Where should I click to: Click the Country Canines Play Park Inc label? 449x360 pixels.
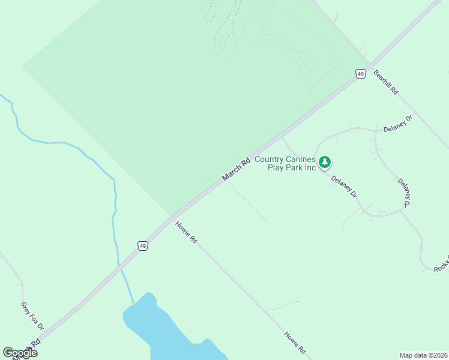pos(285,163)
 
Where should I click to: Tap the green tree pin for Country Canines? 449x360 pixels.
pos(325,162)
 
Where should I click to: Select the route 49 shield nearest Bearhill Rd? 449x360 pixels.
pos(360,73)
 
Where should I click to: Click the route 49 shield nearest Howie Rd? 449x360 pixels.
pos(142,246)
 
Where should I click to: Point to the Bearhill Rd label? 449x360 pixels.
pos(386,82)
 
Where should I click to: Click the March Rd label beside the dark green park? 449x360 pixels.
pos(236,170)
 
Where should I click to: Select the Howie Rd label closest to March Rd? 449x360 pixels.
pos(186,232)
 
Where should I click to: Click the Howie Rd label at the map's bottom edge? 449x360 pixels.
pos(295,341)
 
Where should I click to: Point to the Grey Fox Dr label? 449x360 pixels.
pos(32,315)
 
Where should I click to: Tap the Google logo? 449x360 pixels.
pos(20,353)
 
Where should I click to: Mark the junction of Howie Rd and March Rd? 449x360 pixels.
pos(173,217)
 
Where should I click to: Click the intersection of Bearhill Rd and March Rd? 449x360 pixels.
pos(368,65)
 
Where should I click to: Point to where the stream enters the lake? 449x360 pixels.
pos(133,302)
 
